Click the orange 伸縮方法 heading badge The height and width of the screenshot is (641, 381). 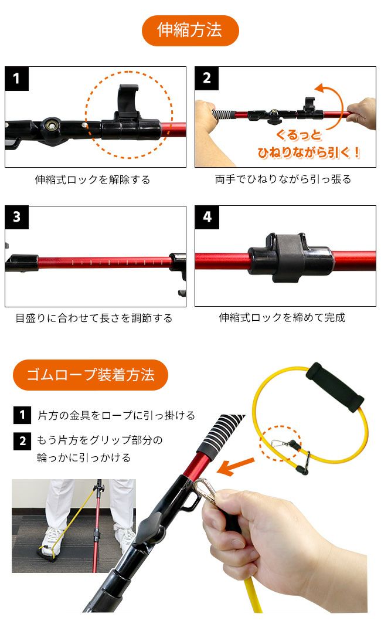190,30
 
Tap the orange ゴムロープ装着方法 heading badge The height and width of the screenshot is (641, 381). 90,375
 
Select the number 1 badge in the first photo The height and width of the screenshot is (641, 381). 17,79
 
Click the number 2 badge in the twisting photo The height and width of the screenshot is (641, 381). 207,79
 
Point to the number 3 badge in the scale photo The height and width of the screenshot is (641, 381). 17,217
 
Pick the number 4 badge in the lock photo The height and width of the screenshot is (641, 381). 207,217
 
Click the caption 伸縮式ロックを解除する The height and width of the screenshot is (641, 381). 93,179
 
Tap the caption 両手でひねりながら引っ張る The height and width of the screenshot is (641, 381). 283,179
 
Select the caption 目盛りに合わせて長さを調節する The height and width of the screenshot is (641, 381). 94,318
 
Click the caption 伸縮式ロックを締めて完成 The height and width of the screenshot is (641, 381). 282,317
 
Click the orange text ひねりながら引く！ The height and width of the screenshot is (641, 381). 309,152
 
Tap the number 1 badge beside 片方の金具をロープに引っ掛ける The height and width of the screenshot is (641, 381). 22,415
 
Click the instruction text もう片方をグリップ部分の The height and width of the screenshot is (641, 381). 100,440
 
